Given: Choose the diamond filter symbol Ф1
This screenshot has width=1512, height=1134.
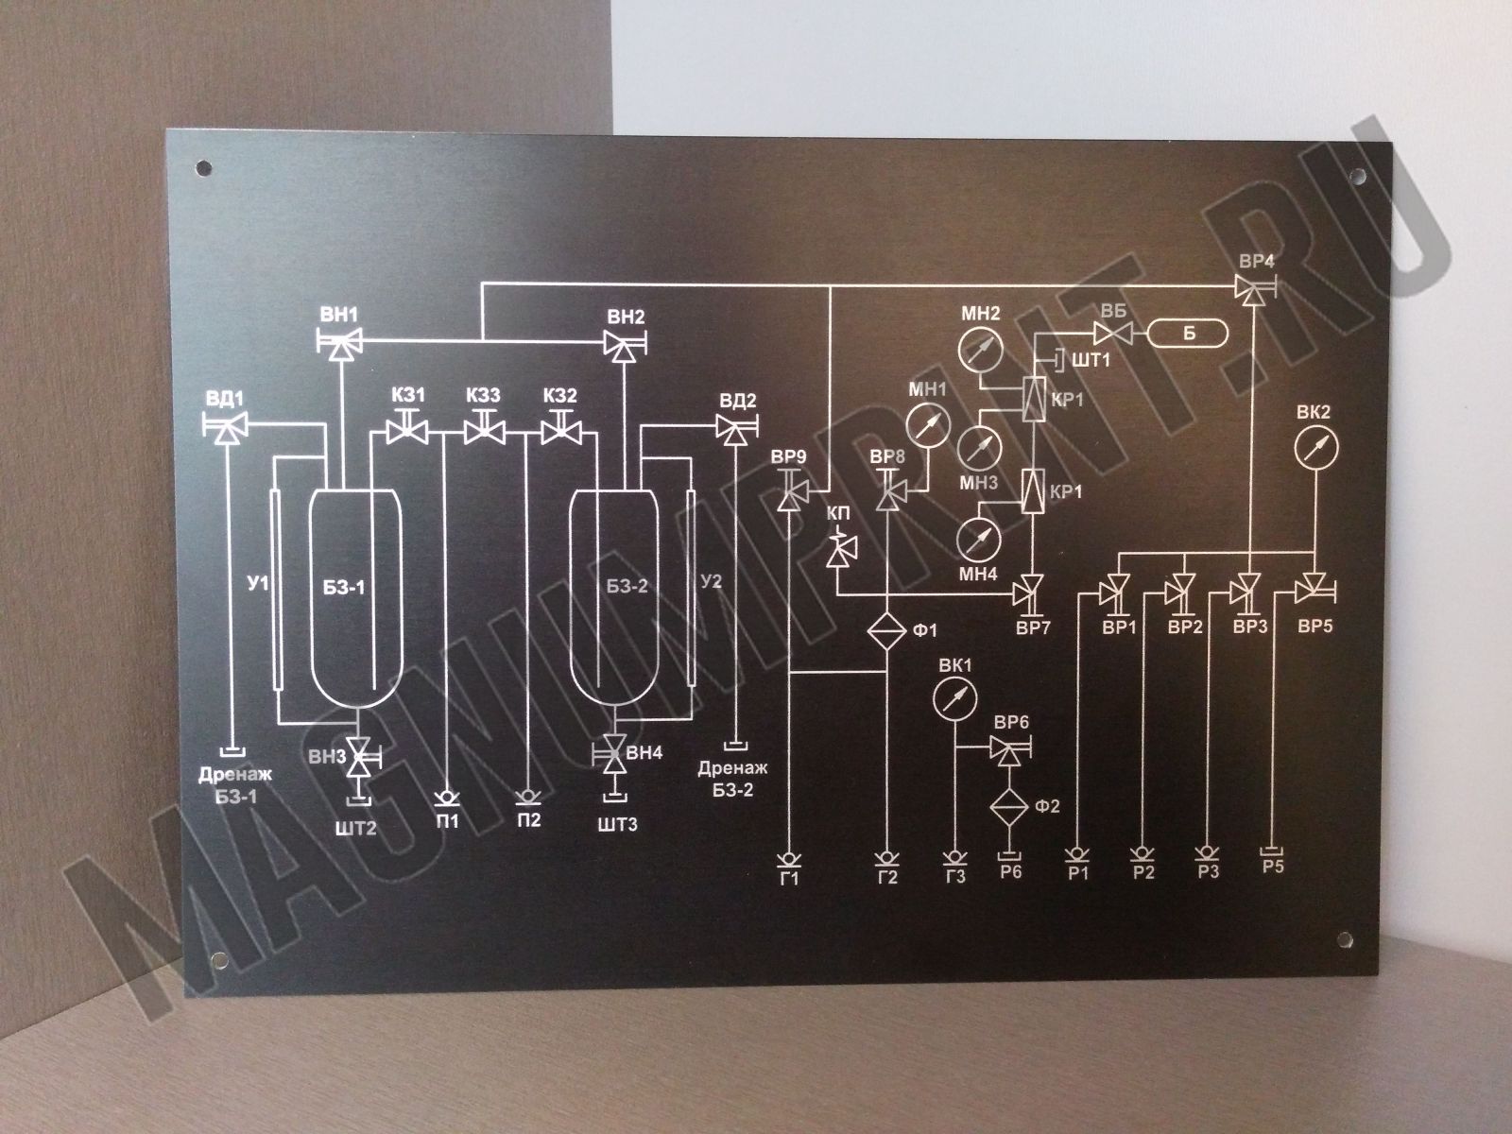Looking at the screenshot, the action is click(x=887, y=630).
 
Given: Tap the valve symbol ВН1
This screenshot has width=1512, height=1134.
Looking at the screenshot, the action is click(x=339, y=342).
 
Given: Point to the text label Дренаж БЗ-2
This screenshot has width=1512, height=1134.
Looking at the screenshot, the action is click(x=733, y=779).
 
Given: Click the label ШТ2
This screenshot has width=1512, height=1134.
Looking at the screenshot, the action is click(x=355, y=828).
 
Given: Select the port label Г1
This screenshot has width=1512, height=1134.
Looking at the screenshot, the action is click(x=790, y=879).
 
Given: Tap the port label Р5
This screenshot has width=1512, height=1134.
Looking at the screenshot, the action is click(x=1273, y=866).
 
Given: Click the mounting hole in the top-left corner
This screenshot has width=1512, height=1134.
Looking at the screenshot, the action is click(x=203, y=167).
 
